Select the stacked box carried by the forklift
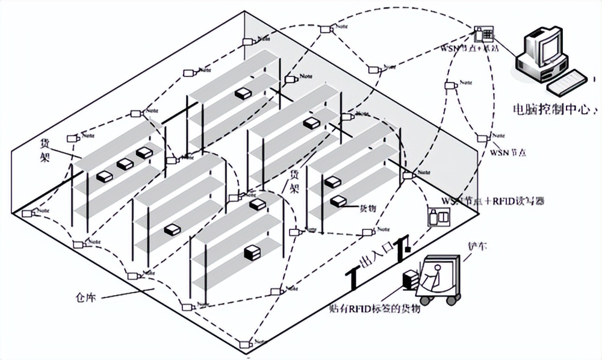(411, 280)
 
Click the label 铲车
(476, 247)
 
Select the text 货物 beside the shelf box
(368, 208)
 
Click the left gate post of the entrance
(353, 277)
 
